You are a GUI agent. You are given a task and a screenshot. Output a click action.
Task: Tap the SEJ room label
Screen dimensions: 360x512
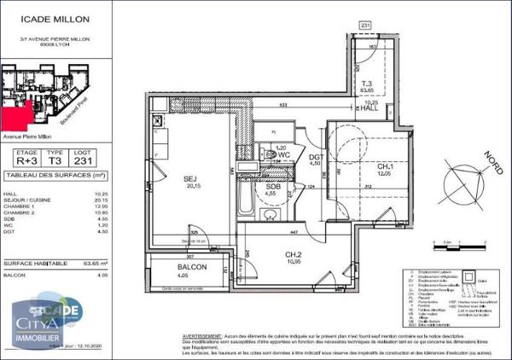(191, 179)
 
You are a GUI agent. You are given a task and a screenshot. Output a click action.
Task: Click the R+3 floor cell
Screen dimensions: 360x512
(27, 160)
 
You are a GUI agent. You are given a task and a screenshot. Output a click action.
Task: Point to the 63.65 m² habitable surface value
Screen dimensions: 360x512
(93, 264)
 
